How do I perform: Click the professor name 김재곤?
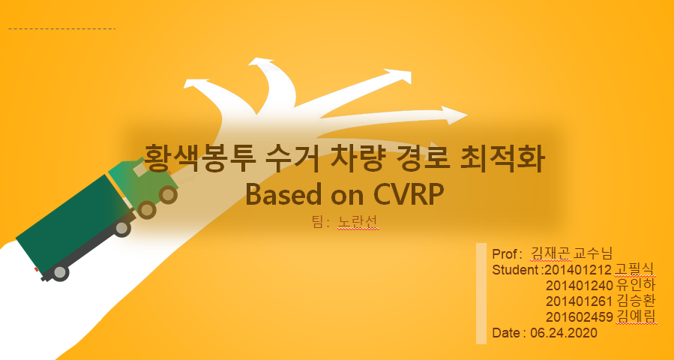551,253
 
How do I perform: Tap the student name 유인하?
635,285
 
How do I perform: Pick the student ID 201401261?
579,301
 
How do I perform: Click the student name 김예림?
635,316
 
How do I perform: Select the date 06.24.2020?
564,332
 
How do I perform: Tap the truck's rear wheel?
60,272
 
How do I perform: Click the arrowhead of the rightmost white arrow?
455,115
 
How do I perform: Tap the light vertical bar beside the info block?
481,293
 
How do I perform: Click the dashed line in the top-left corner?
62,28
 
